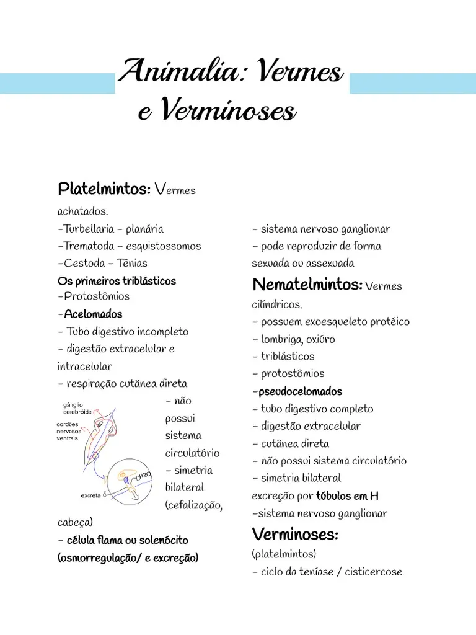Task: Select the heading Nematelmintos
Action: pyautogui.click(x=307, y=285)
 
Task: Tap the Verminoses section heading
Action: pyautogui.click(x=294, y=534)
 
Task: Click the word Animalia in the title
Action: pyautogui.click(x=180, y=73)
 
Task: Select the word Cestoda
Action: pyautogui.click(x=84, y=263)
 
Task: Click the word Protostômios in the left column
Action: pyautogui.click(x=96, y=296)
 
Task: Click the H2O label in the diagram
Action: pyautogui.click(x=143, y=476)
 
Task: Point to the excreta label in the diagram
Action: pyautogui.click(x=91, y=495)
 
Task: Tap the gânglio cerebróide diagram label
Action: pyautogui.click(x=77, y=408)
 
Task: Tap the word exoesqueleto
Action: pyautogui.click(x=337, y=322)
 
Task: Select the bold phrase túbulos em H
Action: pyautogui.click(x=347, y=496)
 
